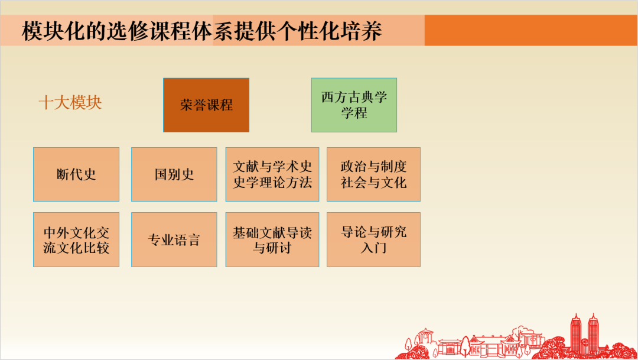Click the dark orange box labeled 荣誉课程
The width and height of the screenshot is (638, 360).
click(x=206, y=105)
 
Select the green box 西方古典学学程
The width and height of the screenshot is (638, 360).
click(x=354, y=105)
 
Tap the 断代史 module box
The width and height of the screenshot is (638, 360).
click(x=76, y=174)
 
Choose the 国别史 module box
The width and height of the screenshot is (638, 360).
click(x=174, y=174)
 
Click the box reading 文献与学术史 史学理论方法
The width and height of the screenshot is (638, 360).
click(x=272, y=174)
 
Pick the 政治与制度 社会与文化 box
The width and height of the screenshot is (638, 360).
click(x=373, y=174)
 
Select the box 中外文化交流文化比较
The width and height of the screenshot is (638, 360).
click(x=76, y=239)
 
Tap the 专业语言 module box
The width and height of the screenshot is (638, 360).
click(x=174, y=239)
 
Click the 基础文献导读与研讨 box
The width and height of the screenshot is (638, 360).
click(x=272, y=239)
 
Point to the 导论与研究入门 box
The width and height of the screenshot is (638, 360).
click(x=373, y=239)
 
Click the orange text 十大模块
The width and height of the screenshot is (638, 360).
click(x=70, y=103)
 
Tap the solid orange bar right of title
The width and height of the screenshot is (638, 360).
click(x=530, y=31)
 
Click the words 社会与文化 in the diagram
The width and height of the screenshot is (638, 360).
click(x=373, y=183)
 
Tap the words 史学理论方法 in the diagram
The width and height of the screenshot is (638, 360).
click(x=272, y=183)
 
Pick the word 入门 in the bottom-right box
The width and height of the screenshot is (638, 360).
click(x=373, y=248)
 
